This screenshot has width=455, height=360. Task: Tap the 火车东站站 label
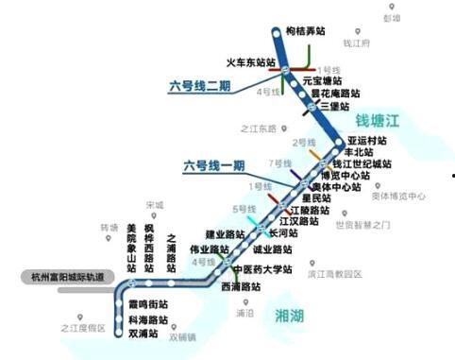[x=250, y=62]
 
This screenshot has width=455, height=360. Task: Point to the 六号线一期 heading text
[x=214, y=166]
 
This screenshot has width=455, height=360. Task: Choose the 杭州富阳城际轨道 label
[x=59, y=276]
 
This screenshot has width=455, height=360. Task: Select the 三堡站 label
[x=336, y=107]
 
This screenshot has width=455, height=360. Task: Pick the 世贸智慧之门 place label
[x=362, y=225]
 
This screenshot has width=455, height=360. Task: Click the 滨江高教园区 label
[x=335, y=274]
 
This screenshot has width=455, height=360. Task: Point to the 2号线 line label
[x=304, y=142]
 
